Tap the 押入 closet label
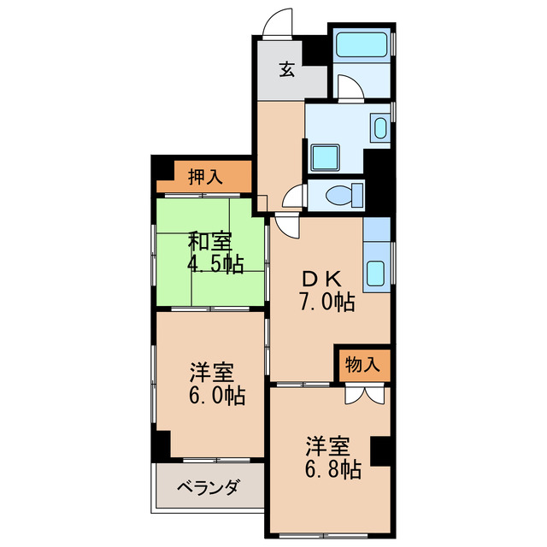tap(205, 177)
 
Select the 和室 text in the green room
tap(209, 242)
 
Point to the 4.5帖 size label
tap(216, 264)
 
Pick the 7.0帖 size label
tap(326, 301)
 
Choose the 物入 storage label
tap(362, 364)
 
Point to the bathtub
tap(362, 44)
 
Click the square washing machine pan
tap(326, 156)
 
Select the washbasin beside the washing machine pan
tap(380, 129)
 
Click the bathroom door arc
tap(347, 86)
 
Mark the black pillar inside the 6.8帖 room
tap(380, 449)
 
